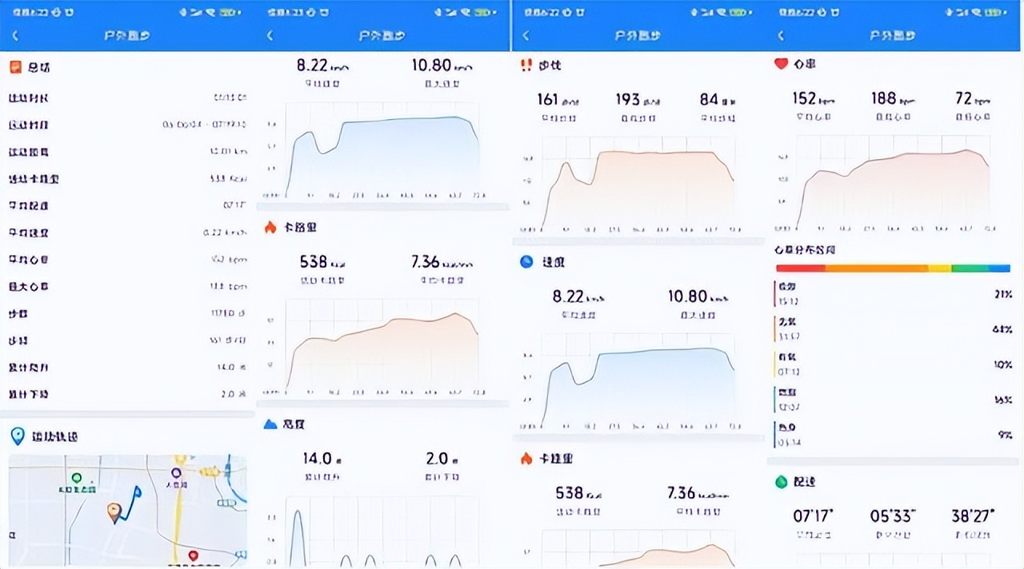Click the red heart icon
[x=781, y=64]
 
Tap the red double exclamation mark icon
[x=526, y=66]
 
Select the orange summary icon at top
[x=15, y=67]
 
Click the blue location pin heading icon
[x=17, y=436]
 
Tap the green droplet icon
[x=781, y=482]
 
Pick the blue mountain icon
[x=270, y=424]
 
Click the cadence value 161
[x=548, y=99]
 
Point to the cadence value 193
[x=628, y=99]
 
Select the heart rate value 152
[x=804, y=98]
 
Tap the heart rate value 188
[x=883, y=98]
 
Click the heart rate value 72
[x=963, y=98]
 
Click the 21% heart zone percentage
[x=1003, y=294]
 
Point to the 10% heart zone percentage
[x=1003, y=364]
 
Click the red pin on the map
[x=193, y=555]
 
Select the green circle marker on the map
[x=77, y=478]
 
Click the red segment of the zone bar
[x=800, y=269]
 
